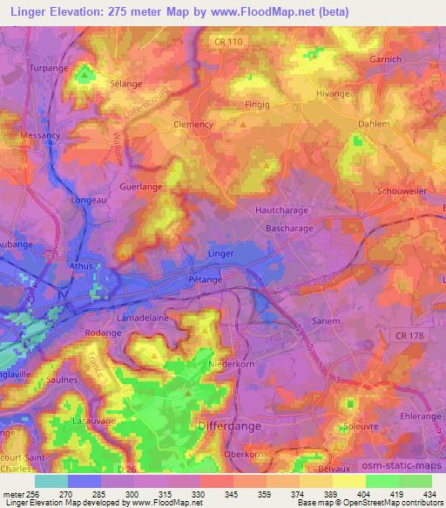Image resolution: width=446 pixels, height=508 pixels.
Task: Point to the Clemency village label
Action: coord(193,124)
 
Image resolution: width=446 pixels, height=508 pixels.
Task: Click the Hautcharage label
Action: coord(281,210)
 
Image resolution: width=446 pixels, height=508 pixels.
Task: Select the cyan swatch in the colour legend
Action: coord(51,480)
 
